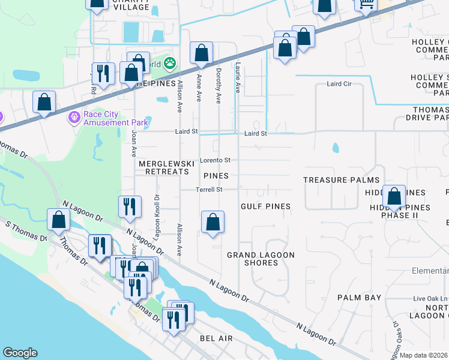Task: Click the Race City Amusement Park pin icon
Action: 74,116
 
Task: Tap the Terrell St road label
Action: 209,190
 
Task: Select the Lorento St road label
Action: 215,160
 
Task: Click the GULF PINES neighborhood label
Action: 265,206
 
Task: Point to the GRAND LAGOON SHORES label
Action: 261,259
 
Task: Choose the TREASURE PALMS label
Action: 341,180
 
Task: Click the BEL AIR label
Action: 217,339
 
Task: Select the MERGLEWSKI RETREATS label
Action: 164,167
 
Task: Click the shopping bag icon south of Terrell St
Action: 212,222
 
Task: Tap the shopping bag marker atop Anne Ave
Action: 201,54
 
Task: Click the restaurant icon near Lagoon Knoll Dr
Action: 130,207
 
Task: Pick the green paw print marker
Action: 170,62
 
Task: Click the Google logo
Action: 20,353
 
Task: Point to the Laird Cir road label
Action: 339,84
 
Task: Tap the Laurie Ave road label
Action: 238,79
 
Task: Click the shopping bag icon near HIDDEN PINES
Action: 394,197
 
